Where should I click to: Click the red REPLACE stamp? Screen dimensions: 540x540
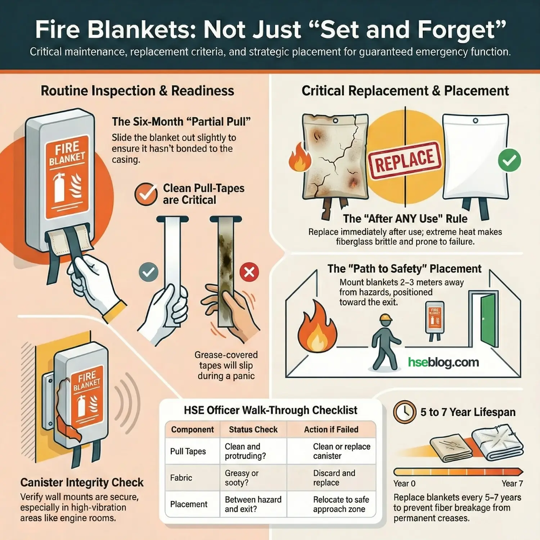pyautogui.click(x=405, y=161)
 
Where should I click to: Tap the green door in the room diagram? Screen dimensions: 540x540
pyautogui.click(x=488, y=320)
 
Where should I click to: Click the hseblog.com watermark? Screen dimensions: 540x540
pyautogui.click(x=444, y=362)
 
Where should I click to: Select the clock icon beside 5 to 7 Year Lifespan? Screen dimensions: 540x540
pyautogui.click(x=405, y=412)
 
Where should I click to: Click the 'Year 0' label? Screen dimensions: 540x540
pyautogui.click(x=404, y=483)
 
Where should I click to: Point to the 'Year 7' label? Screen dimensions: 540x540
pyautogui.click(x=512, y=483)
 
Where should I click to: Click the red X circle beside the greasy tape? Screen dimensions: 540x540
pyautogui.click(x=249, y=272)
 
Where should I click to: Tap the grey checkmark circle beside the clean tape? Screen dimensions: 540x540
pyautogui.click(x=148, y=272)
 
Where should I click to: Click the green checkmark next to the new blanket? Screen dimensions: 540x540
pyautogui.click(x=509, y=160)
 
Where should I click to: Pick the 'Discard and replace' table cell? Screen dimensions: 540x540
pyautogui.click(x=334, y=478)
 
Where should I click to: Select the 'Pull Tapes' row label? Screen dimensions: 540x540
pyautogui.click(x=188, y=451)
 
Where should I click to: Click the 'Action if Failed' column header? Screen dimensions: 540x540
pyautogui.click(x=331, y=429)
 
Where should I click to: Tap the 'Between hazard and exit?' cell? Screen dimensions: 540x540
pyautogui.click(x=253, y=504)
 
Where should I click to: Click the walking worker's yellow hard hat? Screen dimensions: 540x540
pyautogui.click(x=386, y=317)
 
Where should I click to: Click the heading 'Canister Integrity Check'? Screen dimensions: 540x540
pyautogui.click(x=82, y=482)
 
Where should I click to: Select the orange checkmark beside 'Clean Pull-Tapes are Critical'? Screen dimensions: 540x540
pyautogui.click(x=146, y=194)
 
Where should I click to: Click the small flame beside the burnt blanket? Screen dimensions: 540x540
pyautogui.click(x=300, y=158)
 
